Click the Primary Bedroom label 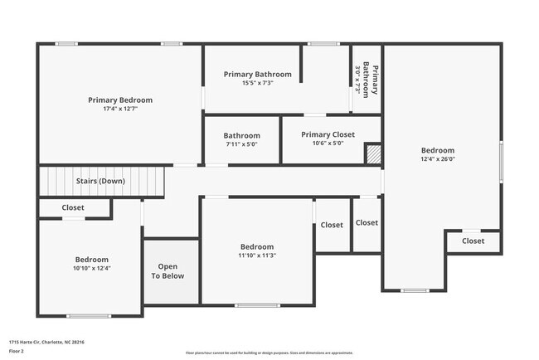pyautogui.click(x=120, y=100)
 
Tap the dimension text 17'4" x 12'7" pyautogui.click(x=120, y=109)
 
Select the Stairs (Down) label pyautogui.click(x=100, y=181)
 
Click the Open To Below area pyautogui.click(x=168, y=271)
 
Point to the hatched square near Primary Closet pyautogui.click(x=373, y=153)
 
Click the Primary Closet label pyautogui.click(x=328, y=134)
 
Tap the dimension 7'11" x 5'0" pyautogui.click(x=241, y=144)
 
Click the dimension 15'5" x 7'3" pyautogui.click(x=257, y=83)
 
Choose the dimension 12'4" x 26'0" pyautogui.click(x=437, y=159)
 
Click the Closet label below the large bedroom pyautogui.click(x=473, y=241)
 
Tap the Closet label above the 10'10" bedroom pyautogui.click(x=73, y=207)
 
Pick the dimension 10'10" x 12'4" pyautogui.click(x=92, y=268)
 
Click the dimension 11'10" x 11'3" pyautogui.click(x=257, y=256)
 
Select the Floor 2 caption pyautogui.click(x=17, y=351)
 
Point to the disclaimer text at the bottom pyautogui.click(x=269, y=353)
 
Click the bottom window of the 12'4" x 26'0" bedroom pyautogui.click(x=414, y=290)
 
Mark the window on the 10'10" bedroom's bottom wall pyautogui.click(x=89, y=315)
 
